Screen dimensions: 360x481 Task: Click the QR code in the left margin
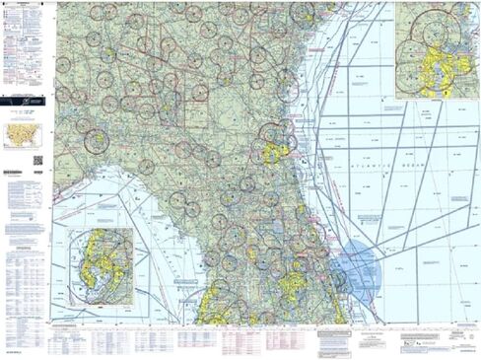tap(37, 160)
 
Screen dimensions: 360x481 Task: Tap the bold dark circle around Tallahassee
tap(97, 140)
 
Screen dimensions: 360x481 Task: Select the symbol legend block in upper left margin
tap(26, 44)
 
